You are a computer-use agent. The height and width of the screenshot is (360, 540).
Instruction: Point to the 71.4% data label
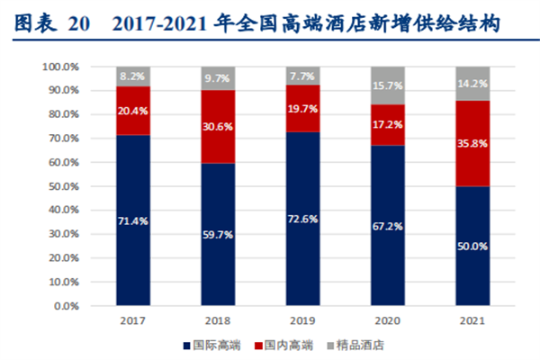pyautogui.click(x=133, y=220)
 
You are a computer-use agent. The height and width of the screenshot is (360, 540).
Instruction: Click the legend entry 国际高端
pyautogui.click(x=212, y=345)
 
